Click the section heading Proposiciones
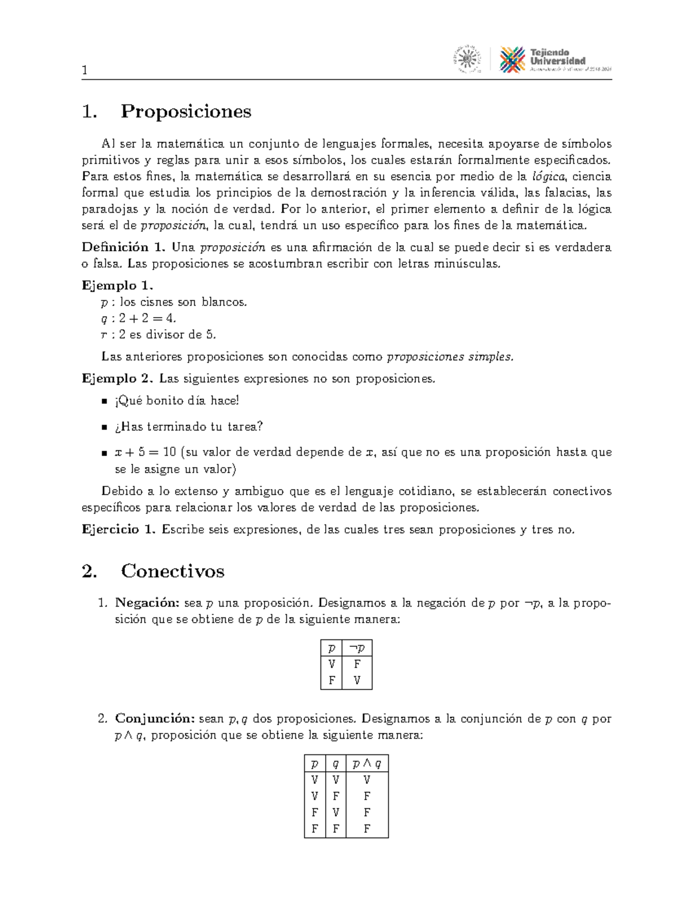click(185, 111)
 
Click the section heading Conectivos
click(172, 571)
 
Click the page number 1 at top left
click(85, 71)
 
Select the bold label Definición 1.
click(124, 248)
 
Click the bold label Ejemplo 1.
click(118, 285)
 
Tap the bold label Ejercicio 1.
click(119, 530)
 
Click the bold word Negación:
click(147, 603)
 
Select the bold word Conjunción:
click(154, 719)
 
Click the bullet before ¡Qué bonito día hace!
click(105, 401)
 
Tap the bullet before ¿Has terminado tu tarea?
click(105, 427)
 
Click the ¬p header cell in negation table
click(357, 648)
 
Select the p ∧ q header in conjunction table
click(367, 764)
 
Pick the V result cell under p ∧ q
click(367, 780)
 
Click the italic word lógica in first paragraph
click(549, 177)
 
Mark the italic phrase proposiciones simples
click(449, 357)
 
